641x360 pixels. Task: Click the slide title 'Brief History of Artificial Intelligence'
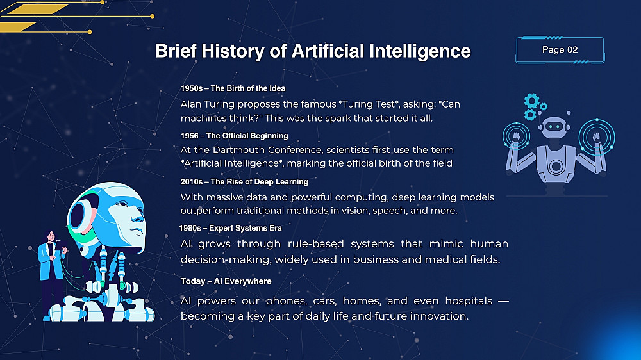(313, 51)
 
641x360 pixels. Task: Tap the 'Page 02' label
(560, 50)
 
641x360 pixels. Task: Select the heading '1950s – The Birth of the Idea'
(233, 88)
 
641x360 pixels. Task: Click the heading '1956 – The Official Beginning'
(234, 136)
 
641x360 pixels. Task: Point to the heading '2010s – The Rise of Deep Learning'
(244, 182)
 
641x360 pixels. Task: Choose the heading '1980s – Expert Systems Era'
(231, 228)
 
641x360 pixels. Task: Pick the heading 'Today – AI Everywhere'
(226, 281)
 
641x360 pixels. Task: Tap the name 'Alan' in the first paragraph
(191, 104)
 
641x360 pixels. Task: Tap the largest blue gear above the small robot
(532, 101)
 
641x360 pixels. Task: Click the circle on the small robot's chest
(556, 167)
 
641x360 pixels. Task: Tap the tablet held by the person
(60, 247)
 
